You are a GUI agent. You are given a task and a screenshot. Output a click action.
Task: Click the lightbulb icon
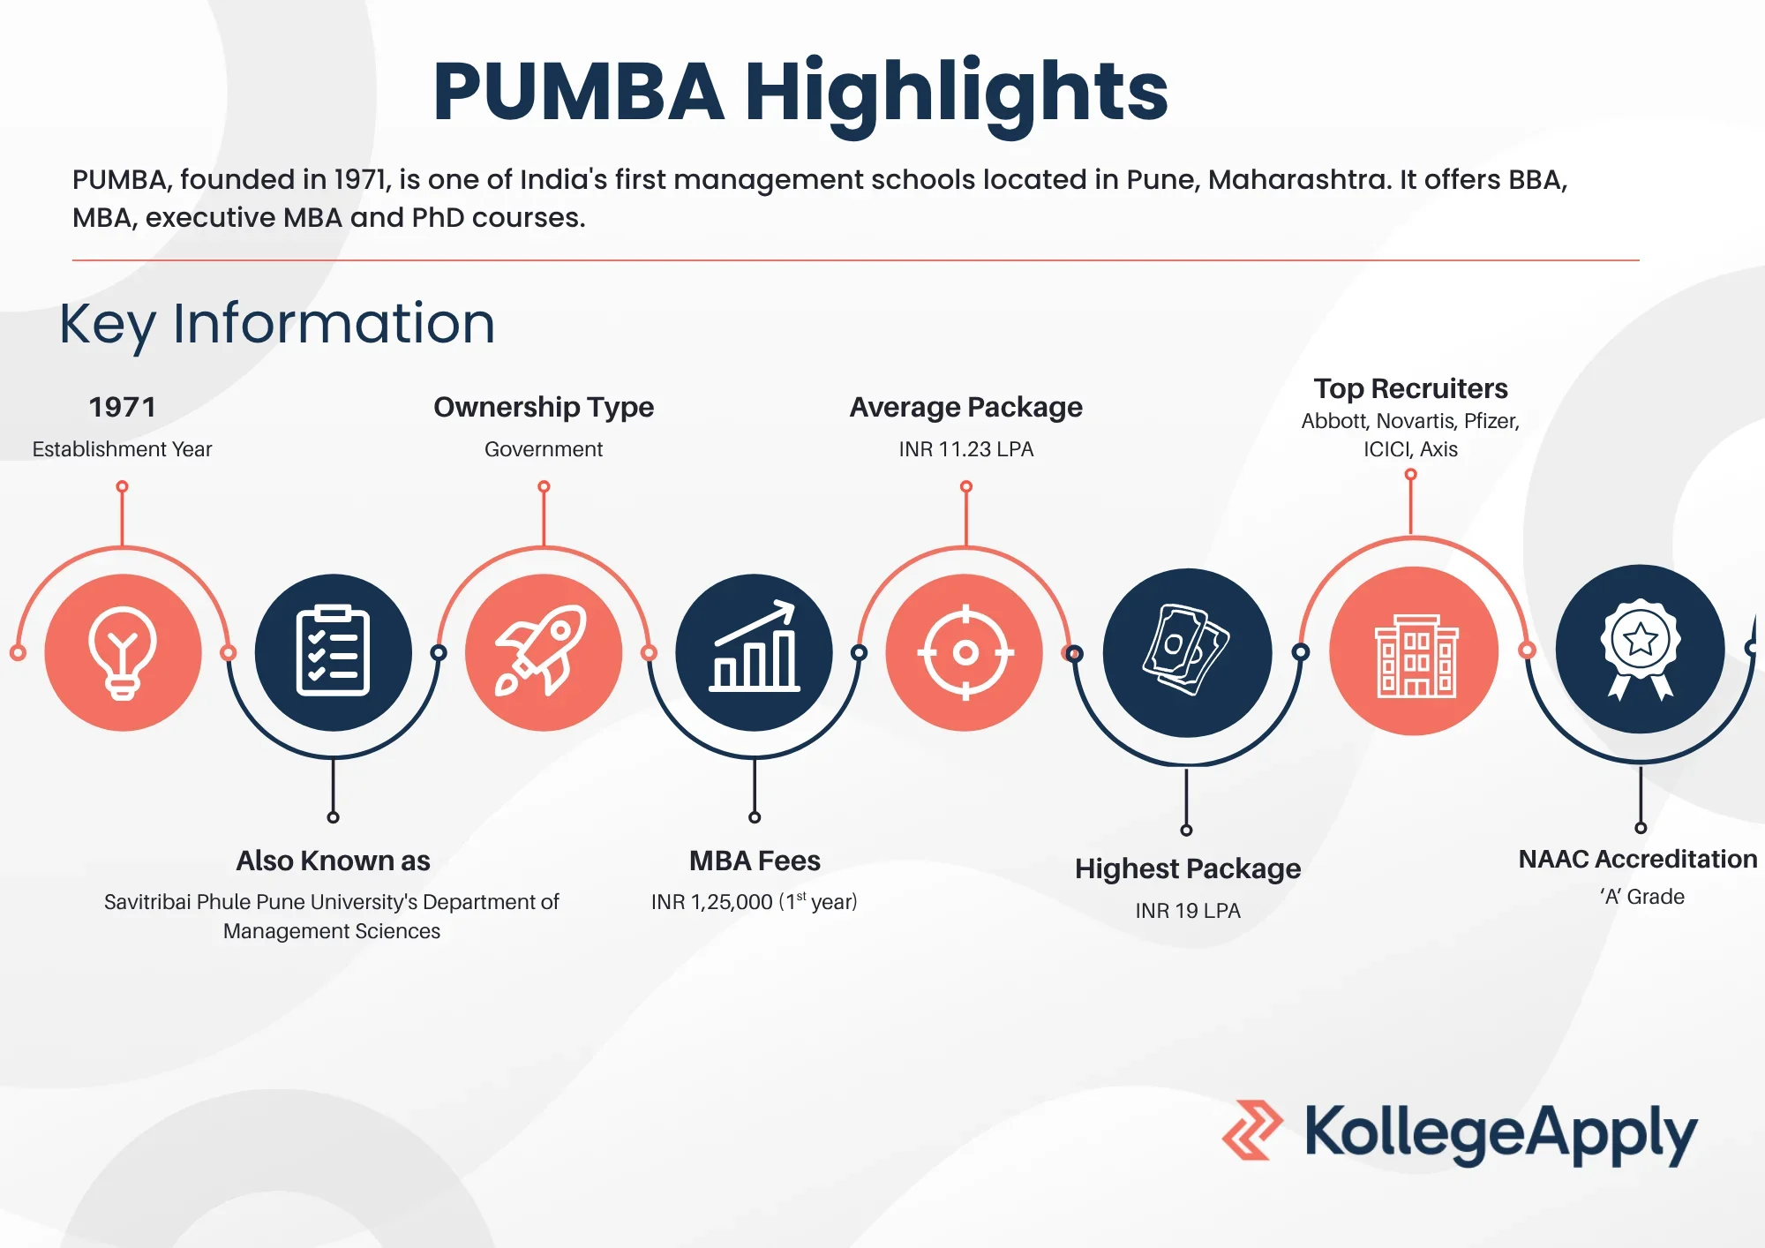(x=123, y=653)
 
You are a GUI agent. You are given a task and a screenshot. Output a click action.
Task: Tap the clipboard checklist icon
(x=333, y=651)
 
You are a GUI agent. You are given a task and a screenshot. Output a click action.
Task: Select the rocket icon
(x=542, y=651)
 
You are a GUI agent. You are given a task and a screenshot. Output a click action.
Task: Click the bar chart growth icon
(x=755, y=646)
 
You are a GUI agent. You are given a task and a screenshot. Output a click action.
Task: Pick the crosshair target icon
(x=965, y=652)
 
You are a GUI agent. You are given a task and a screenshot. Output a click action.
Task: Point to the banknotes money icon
(x=1187, y=650)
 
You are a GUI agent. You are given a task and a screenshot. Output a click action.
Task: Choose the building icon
(x=1416, y=656)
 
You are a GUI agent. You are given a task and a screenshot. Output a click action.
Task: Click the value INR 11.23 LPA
(x=966, y=449)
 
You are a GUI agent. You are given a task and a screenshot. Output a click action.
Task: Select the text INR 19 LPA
(x=1188, y=911)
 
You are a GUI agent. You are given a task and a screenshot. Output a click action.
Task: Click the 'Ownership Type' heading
(x=544, y=407)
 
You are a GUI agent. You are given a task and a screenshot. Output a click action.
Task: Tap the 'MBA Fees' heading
(x=755, y=861)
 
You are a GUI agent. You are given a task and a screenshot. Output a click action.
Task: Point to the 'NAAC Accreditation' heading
(x=1638, y=859)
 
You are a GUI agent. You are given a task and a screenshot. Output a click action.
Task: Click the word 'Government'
(x=544, y=449)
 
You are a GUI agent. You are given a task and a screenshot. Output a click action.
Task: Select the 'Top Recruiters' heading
(x=1410, y=388)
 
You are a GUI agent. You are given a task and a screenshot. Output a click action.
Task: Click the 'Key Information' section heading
(x=277, y=323)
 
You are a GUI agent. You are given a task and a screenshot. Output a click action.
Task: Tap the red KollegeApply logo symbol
(x=1251, y=1130)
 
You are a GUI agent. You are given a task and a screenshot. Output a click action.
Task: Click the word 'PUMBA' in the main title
(x=578, y=92)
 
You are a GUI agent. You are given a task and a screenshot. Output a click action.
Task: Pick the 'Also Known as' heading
(x=333, y=861)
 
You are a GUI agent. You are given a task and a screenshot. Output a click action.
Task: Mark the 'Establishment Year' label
(x=122, y=449)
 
